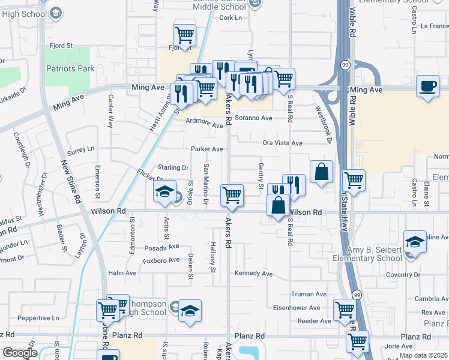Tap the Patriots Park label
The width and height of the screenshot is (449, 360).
70,69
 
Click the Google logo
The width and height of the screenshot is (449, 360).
20,353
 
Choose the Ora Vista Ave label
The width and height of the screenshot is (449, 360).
282,143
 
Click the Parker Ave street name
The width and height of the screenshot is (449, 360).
207,149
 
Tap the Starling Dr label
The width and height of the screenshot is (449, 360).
173,167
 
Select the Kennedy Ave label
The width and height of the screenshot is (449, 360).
254,274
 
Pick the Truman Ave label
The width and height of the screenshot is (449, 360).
309,295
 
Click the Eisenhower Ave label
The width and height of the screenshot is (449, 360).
306,308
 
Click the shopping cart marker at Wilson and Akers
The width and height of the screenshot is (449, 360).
232,194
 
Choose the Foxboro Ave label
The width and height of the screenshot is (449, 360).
161,260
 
